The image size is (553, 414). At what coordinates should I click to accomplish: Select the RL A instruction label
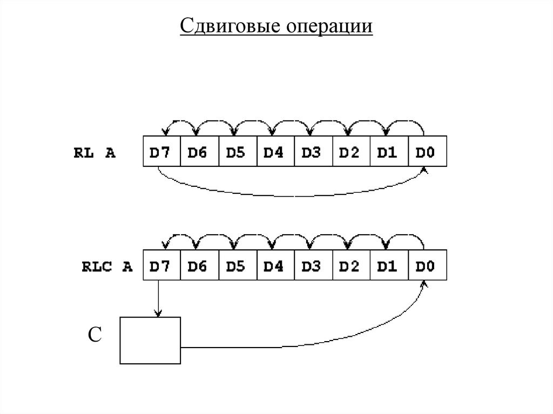[95, 153]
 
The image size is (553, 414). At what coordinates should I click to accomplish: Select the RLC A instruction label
[107, 267]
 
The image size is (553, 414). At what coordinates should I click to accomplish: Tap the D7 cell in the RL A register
[160, 153]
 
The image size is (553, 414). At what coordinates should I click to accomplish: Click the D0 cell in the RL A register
[427, 153]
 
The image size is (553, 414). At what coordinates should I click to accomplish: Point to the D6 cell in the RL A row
[198, 153]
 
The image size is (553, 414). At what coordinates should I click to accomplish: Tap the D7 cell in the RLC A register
[160, 267]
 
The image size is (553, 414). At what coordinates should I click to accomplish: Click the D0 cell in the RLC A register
[427, 267]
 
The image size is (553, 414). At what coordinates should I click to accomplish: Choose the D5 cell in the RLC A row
[237, 267]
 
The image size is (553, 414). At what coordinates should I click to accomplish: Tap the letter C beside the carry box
[95, 335]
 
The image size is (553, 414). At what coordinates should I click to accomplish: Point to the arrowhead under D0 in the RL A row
[425, 170]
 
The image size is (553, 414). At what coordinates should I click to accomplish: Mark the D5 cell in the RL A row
[237, 153]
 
